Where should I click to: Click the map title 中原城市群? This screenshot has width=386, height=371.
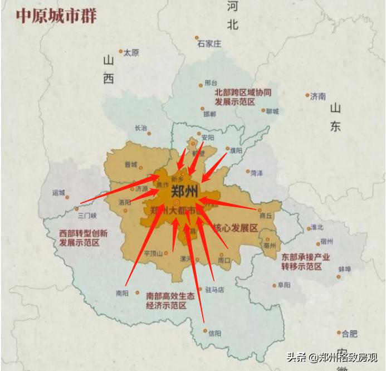(56, 16)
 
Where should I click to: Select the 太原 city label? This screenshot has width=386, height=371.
(131, 53)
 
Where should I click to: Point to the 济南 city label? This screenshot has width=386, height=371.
(318, 96)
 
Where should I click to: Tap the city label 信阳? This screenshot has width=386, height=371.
(214, 333)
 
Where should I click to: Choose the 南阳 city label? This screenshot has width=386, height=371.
(122, 292)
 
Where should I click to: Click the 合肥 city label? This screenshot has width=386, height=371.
(349, 334)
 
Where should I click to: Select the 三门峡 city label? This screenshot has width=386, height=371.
(87, 216)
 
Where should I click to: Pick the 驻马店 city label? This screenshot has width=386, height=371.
(214, 290)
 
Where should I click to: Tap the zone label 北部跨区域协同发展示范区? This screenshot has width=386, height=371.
(243, 97)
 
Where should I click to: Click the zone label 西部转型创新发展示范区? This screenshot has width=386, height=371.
(84, 238)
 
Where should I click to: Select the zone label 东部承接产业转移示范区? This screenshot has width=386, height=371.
(306, 262)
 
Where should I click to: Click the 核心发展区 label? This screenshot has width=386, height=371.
(240, 228)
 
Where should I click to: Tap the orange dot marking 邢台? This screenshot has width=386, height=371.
(201, 86)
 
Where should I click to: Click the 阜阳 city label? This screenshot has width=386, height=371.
(284, 285)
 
